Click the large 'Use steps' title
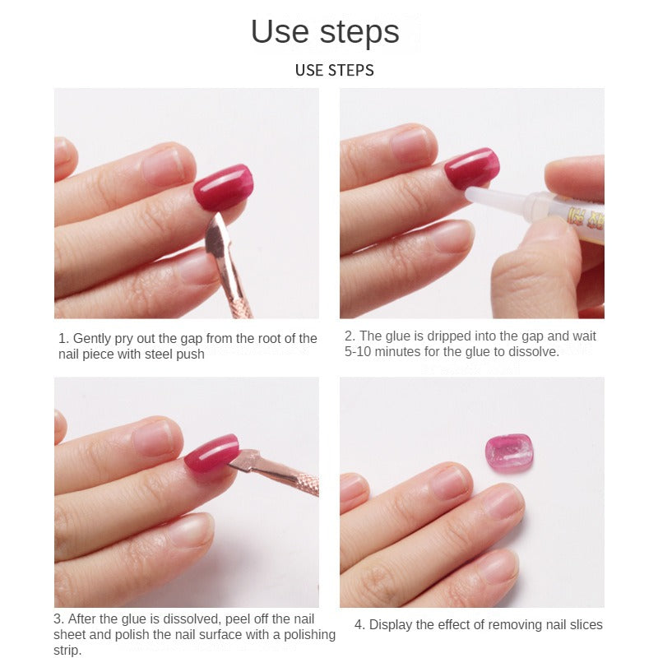coord(325,31)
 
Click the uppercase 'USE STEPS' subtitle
coord(335,71)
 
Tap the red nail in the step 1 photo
coord(223,187)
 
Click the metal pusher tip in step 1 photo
coord(218,232)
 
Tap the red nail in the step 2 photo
coord(471,168)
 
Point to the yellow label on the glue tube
coord(586,217)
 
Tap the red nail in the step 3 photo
coord(212,453)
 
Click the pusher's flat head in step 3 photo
coord(244,461)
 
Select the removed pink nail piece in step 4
coord(509,453)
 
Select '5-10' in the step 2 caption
coord(358,352)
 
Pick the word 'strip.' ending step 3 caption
coord(67,650)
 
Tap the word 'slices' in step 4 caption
coord(586,625)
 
